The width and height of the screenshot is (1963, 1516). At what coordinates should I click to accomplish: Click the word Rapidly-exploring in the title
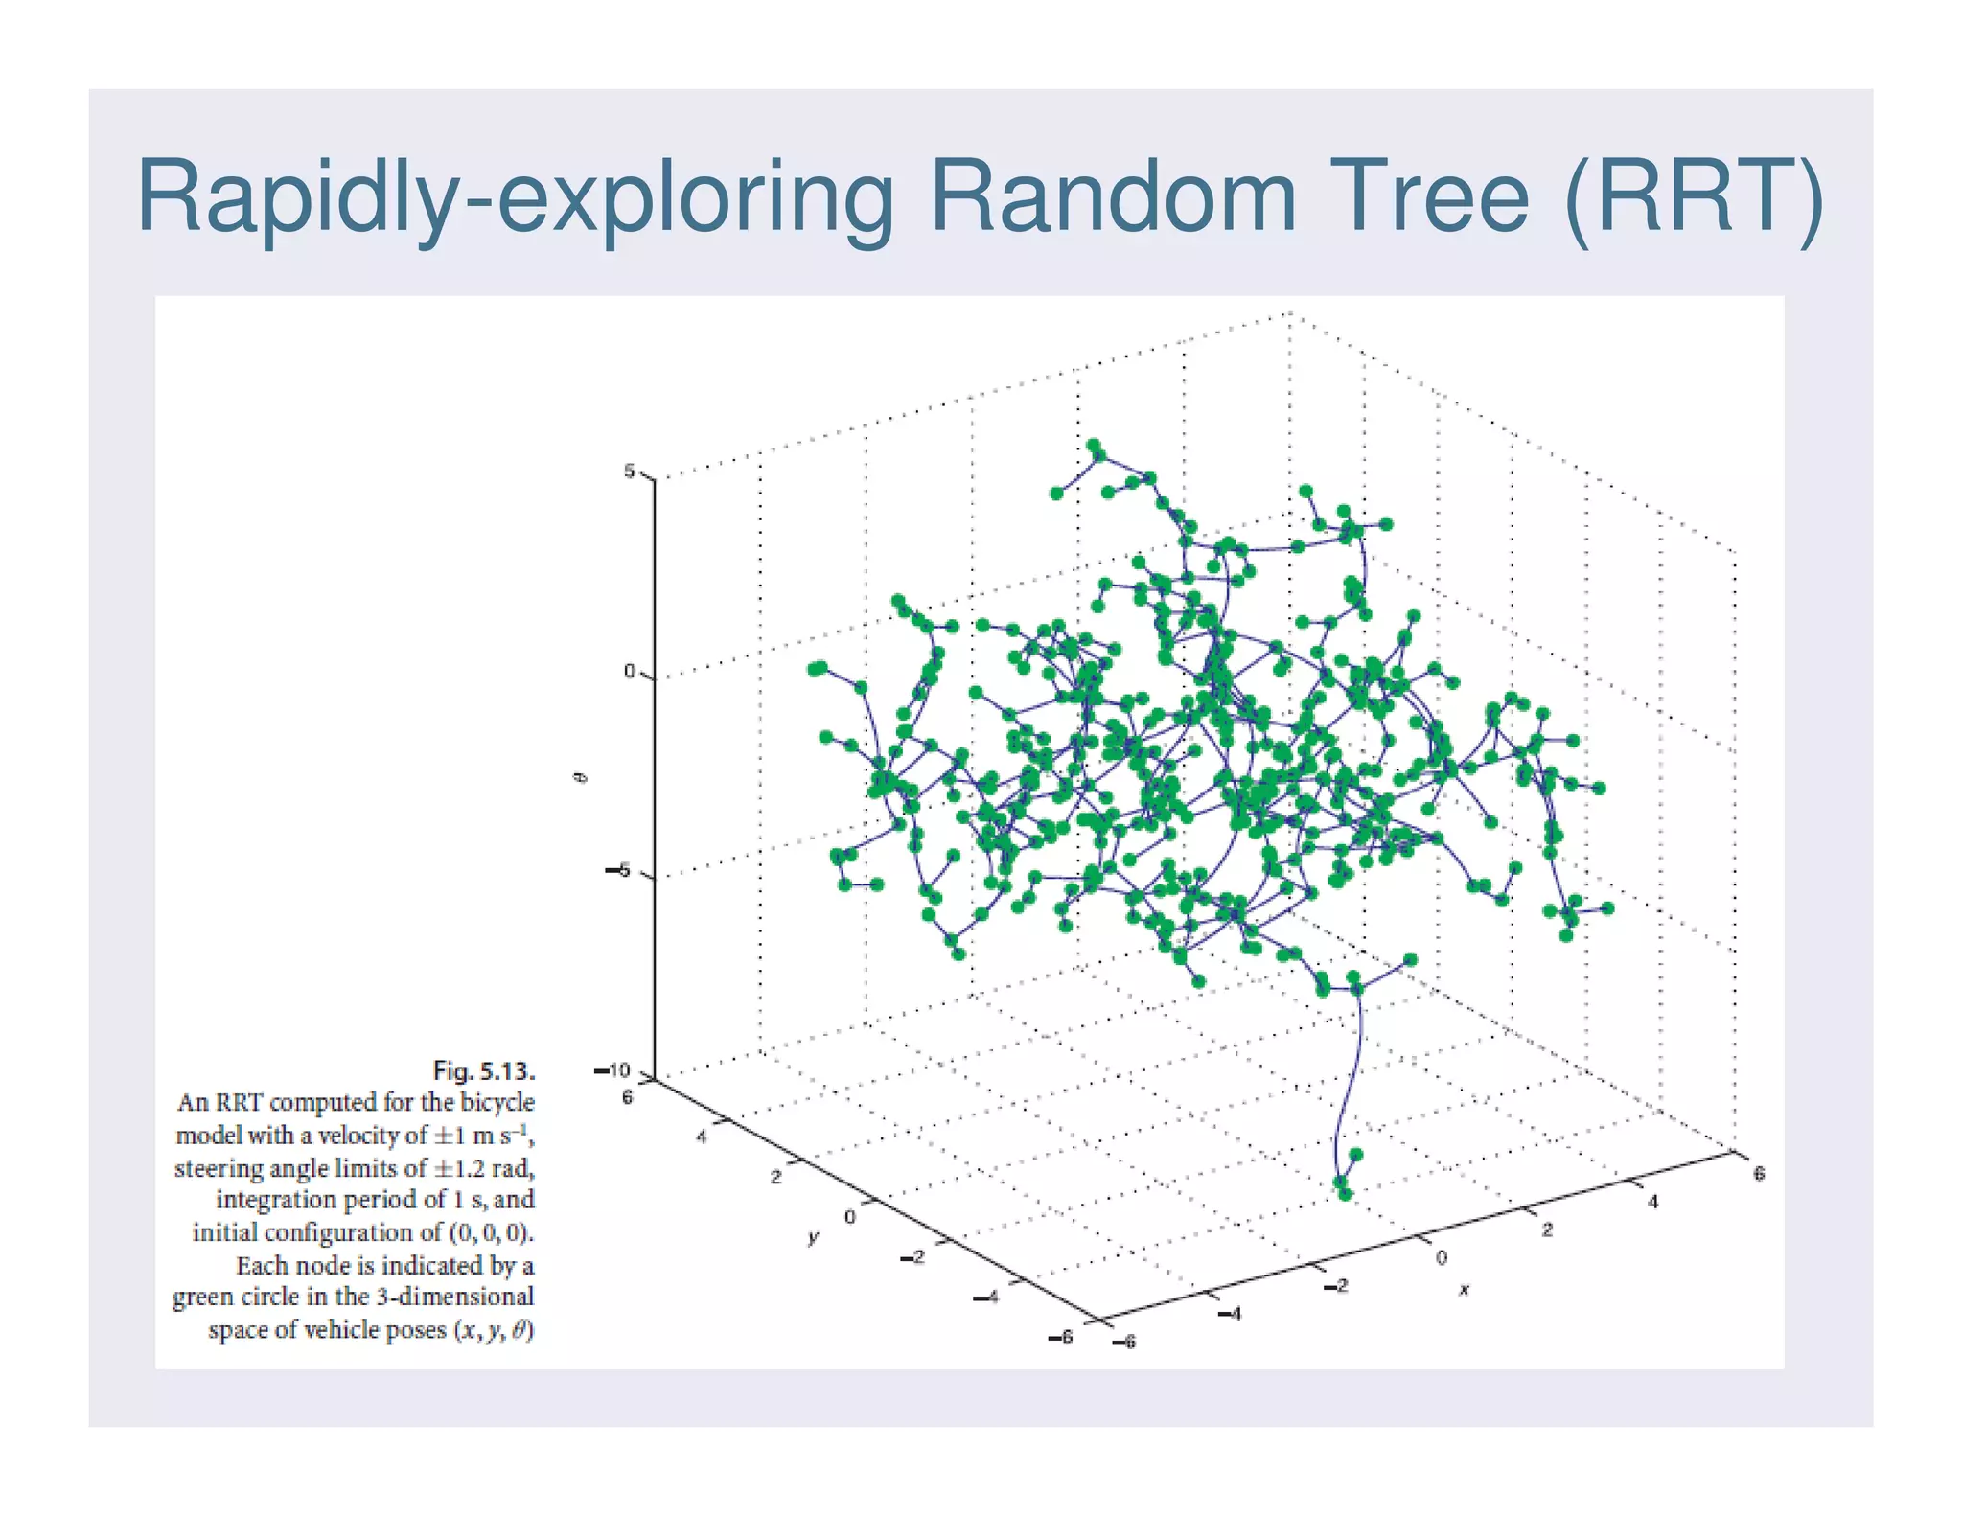point(513,199)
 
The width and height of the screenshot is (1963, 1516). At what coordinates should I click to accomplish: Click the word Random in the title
point(1112,197)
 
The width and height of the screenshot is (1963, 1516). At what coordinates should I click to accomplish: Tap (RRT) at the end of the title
point(1693,197)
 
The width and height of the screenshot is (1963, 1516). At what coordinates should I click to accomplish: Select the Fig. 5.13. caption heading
point(483,1070)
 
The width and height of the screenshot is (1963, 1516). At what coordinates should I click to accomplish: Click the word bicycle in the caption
point(496,1103)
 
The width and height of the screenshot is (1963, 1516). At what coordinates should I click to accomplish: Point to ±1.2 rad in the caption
point(484,1168)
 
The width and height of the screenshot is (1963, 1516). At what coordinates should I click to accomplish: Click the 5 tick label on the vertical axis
point(629,471)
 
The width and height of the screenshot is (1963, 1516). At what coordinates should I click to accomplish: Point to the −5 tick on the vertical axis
point(616,871)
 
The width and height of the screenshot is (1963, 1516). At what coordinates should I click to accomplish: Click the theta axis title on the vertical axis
point(579,777)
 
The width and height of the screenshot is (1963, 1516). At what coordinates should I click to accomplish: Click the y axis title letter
point(813,1238)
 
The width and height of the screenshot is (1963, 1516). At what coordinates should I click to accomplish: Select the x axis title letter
point(1464,1290)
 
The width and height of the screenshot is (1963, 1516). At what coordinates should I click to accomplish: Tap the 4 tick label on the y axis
point(702,1137)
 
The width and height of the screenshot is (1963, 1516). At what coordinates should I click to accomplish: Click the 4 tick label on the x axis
point(1652,1202)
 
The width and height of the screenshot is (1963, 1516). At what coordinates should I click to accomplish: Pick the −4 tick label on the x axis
point(1230,1314)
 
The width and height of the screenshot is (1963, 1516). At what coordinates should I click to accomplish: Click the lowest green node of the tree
point(1344,1193)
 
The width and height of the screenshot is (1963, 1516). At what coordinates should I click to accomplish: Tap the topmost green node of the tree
point(1094,446)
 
